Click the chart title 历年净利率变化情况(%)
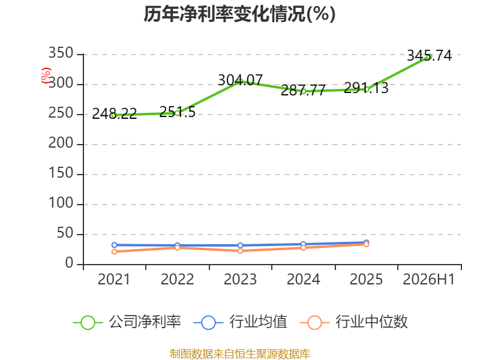pos(239,14)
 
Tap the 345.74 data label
pos(429,56)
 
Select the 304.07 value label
pos(241,80)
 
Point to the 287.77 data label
pos(303,90)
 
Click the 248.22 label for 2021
pos(115,114)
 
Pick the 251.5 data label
pos(177,112)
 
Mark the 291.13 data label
pos(366,88)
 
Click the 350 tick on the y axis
pos(61,53)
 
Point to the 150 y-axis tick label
pos(61,173)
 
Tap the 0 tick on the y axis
pos(69,263)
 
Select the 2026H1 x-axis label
pos(428,279)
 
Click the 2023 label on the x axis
pos(241,279)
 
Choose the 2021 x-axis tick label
pos(114,279)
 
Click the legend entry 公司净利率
pos(127,322)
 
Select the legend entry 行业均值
pos(241,322)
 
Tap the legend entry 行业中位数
pos(353,322)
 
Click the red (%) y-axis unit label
pos(46,76)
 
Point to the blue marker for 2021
pos(115,245)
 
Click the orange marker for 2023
pos(241,251)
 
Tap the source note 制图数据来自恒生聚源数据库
pos(240,354)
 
